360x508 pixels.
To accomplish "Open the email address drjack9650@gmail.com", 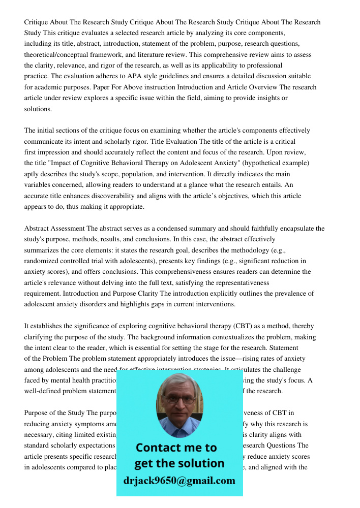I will click(x=179, y=481).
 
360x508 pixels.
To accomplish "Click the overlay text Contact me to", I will click(x=176, y=448).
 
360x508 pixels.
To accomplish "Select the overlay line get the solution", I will click(x=179, y=463).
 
